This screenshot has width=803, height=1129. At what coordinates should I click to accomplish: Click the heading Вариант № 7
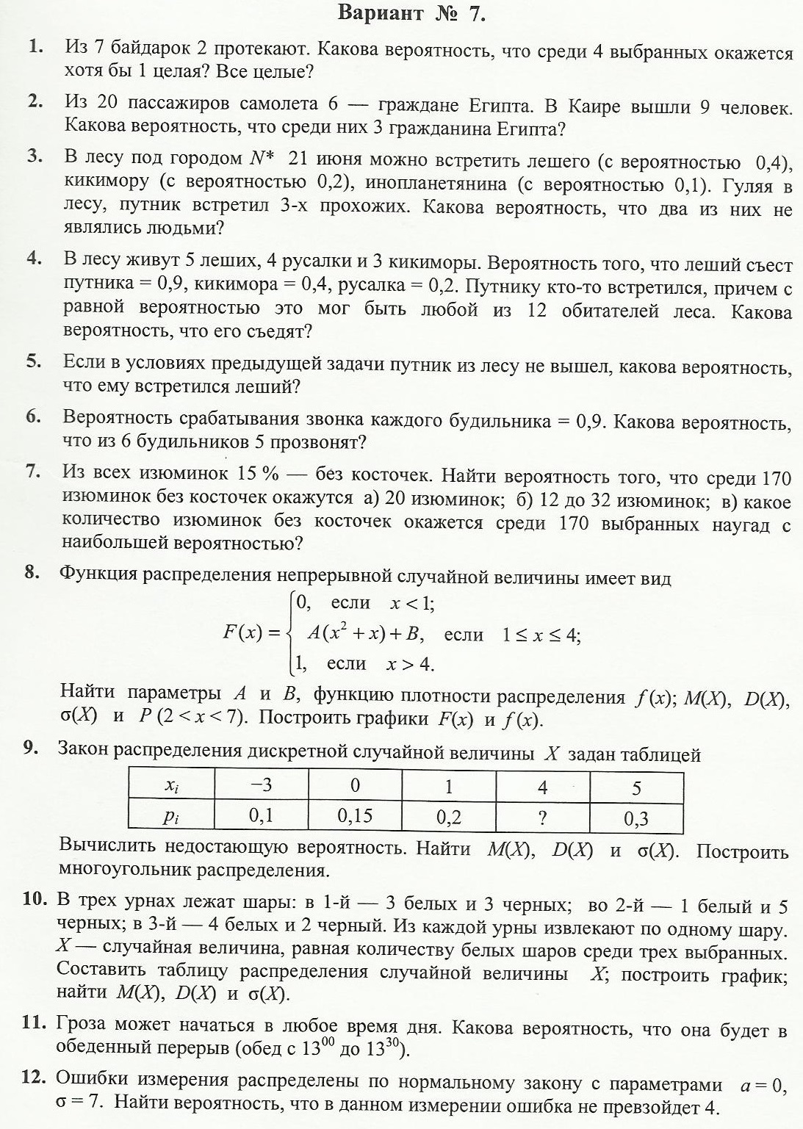[411, 13]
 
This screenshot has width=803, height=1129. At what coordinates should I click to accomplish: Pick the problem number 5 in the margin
[32, 361]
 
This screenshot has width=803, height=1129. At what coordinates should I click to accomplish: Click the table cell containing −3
[262, 785]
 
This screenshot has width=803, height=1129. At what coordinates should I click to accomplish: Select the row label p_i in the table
[170, 816]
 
